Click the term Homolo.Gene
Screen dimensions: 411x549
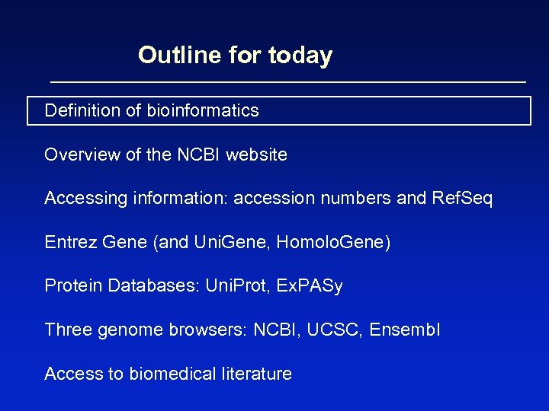(332, 243)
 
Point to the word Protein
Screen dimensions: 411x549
(73, 286)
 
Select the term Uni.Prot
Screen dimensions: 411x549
(230, 286)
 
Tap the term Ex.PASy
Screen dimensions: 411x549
(310, 287)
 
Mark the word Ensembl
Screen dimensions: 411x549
(405, 330)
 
